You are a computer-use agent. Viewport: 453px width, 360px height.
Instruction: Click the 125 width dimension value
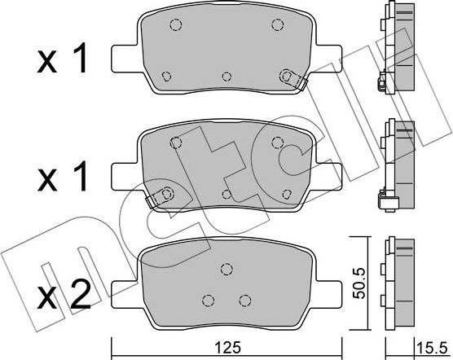(227, 348)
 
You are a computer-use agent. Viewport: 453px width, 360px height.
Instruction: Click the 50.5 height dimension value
(360, 283)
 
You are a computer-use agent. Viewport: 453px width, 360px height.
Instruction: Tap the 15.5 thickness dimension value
(432, 349)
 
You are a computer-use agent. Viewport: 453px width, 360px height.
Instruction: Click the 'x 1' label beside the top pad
(62, 58)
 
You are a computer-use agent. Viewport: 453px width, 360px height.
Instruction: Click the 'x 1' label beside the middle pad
(62, 176)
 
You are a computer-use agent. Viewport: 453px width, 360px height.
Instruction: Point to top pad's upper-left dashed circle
(176, 24)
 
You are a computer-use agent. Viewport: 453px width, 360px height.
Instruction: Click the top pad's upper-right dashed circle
(277, 24)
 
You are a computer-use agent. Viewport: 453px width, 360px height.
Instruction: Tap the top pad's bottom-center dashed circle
(226, 77)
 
